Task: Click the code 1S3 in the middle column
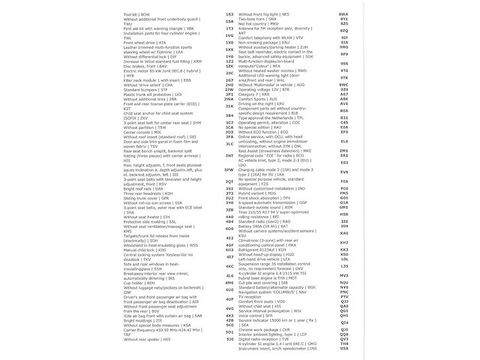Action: pos(229,14)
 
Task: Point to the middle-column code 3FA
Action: pos(229,137)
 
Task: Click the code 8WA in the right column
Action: pos(343,14)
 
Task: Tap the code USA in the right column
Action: pos(343,347)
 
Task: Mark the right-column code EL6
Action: pos(343,140)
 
